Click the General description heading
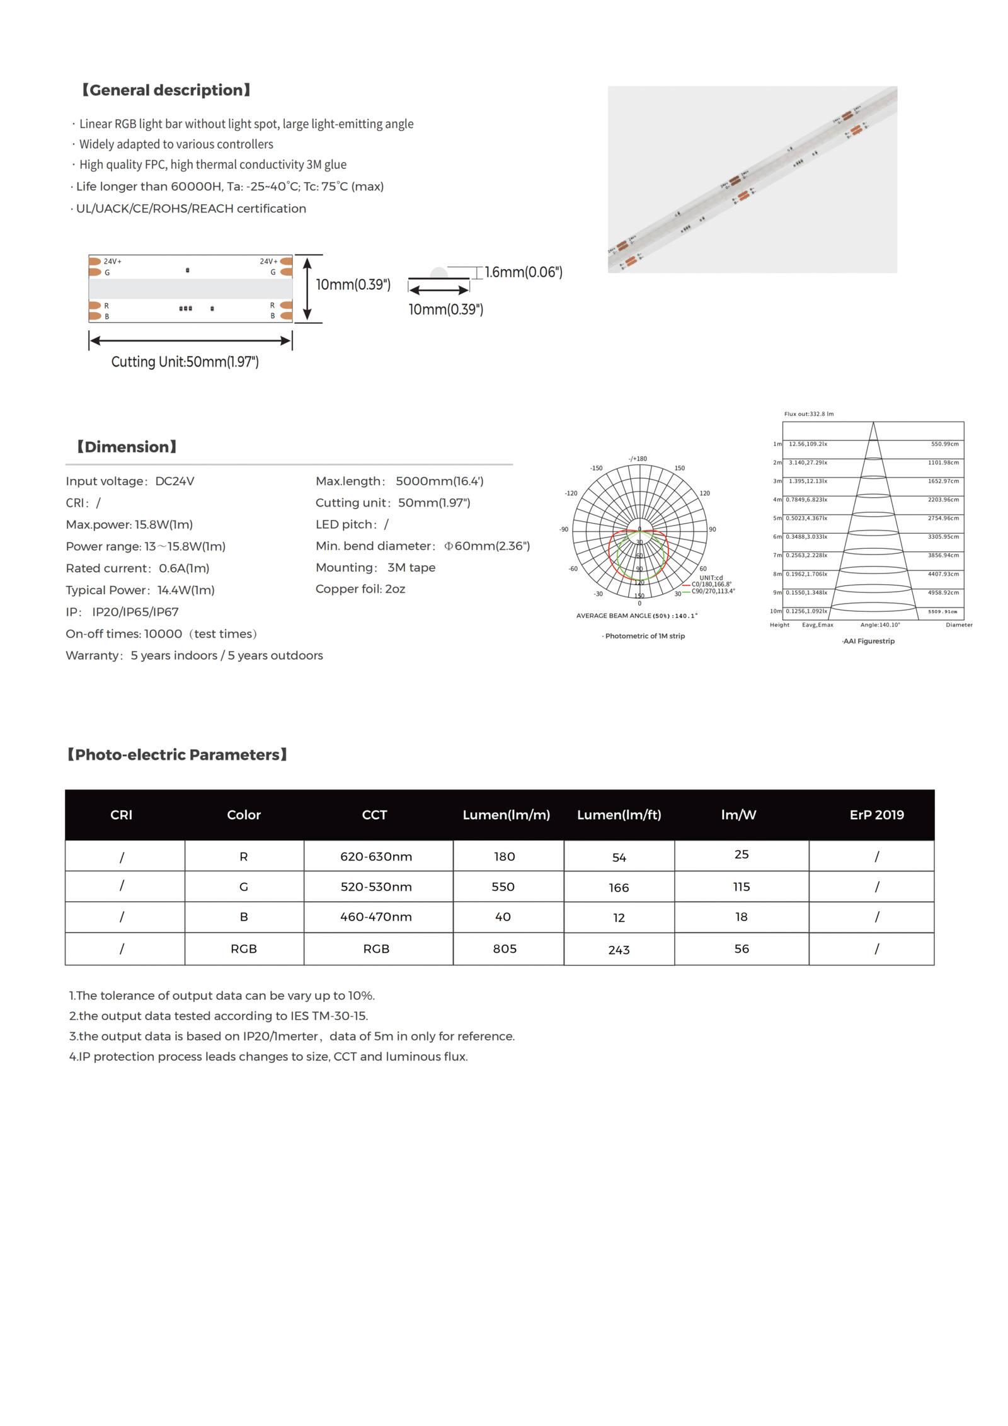point(166,90)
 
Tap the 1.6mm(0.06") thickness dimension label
point(523,272)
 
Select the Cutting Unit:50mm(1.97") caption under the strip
point(185,362)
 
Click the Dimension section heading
point(127,447)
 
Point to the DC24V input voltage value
point(175,481)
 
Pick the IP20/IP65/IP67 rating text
point(135,612)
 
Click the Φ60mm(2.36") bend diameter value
point(486,546)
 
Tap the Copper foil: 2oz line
point(360,589)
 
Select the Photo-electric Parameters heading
point(177,754)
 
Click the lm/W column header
point(738,815)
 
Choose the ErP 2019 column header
point(876,815)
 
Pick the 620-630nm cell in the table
point(376,856)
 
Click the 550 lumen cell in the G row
point(503,887)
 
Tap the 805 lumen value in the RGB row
point(505,948)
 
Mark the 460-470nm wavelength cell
point(376,917)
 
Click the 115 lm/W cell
point(742,887)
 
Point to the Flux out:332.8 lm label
point(808,414)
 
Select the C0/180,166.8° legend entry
point(711,584)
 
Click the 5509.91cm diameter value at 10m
point(942,611)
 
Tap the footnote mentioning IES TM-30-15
point(219,1016)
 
